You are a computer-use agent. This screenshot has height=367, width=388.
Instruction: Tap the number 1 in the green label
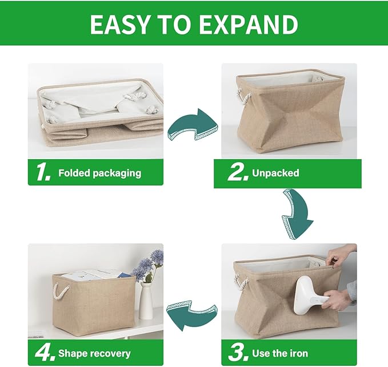(43, 173)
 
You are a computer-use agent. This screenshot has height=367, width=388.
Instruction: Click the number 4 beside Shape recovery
(44, 353)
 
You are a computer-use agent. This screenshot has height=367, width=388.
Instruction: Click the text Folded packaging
(99, 173)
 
